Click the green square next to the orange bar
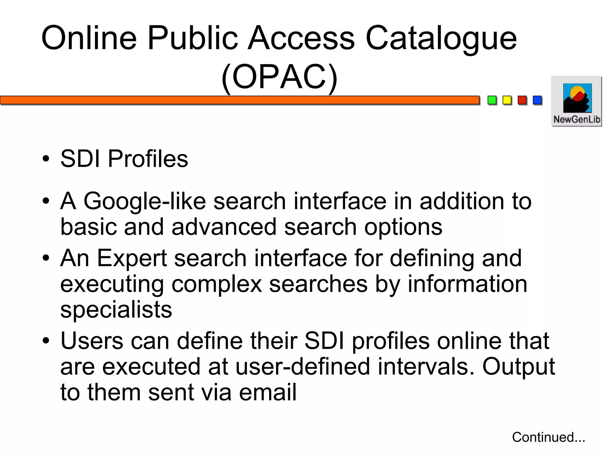click(x=492, y=100)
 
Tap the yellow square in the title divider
click(x=507, y=100)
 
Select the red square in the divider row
click(x=522, y=100)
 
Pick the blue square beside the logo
click(x=537, y=100)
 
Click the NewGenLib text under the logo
click(x=577, y=120)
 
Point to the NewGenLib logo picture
click(x=577, y=98)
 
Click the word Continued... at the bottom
click(x=549, y=437)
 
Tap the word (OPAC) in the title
click(x=279, y=77)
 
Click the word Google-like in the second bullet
click(x=145, y=201)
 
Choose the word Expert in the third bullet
click(x=132, y=258)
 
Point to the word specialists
click(x=116, y=310)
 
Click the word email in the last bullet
click(x=267, y=392)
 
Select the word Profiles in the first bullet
click(x=148, y=158)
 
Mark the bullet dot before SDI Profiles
click(x=46, y=158)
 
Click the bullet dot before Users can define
click(x=46, y=341)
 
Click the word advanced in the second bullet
click(x=224, y=227)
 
